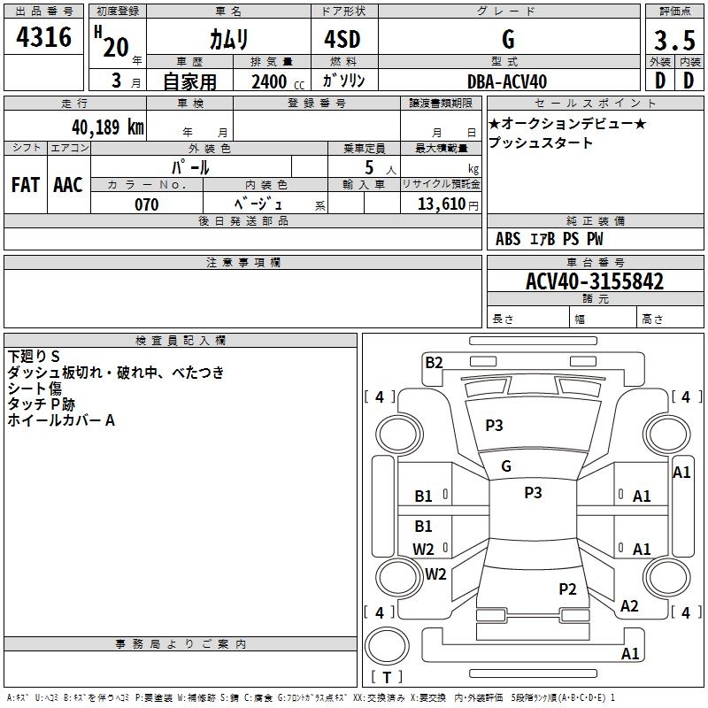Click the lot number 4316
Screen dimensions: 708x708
(x=44, y=37)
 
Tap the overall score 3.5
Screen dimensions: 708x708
(x=673, y=41)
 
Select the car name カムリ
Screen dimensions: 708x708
(x=228, y=39)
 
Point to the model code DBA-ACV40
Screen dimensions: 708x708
(x=507, y=81)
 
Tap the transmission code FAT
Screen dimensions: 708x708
(x=26, y=185)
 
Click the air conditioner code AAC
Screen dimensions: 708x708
(x=68, y=185)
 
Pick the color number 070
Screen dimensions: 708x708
(x=147, y=204)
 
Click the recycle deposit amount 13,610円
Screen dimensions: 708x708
(x=442, y=204)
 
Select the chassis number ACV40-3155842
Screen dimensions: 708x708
(x=595, y=281)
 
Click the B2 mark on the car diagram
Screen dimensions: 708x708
(x=434, y=361)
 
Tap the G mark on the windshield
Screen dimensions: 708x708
(x=506, y=466)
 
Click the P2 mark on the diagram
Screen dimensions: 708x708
(x=567, y=589)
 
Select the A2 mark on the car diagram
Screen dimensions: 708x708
(x=629, y=606)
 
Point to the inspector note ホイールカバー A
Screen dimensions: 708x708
(x=61, y=420)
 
